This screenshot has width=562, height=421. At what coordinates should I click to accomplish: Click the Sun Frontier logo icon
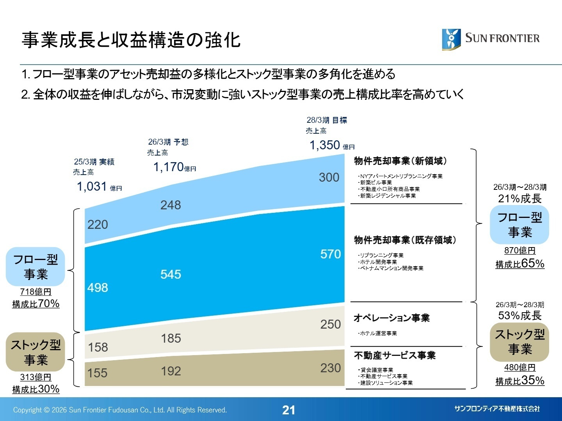coord(451,39)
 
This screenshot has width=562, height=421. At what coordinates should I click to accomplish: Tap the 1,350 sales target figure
coord(325,145)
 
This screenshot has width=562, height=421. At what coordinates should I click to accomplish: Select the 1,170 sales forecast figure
coord(169,167)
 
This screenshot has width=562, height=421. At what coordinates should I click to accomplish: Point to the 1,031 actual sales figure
coord(92,187)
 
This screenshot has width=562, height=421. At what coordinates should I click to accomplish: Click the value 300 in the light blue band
coord(329,177)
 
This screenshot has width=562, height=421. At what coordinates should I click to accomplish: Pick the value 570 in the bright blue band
coord(331,254)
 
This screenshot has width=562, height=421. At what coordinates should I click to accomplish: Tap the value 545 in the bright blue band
coord(171,274)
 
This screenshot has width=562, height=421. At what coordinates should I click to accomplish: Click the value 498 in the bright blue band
coord(98,288)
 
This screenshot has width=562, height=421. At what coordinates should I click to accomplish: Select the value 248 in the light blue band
coord(171,205)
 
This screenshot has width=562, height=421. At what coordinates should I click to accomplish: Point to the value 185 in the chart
coord(171,338)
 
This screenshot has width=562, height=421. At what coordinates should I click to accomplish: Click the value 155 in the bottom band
coord(97,373)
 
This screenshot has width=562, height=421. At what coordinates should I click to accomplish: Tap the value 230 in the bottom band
coord(331,368)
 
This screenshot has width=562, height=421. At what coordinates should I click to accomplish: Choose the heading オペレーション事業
coord(391,318)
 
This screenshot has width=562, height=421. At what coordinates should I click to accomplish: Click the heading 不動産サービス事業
coord(395,356)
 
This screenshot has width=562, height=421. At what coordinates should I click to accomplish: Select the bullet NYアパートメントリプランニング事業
coord(401,176)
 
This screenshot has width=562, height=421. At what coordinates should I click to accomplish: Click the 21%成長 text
coord(520,199)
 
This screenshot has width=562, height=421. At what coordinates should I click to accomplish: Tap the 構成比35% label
coord(520,381)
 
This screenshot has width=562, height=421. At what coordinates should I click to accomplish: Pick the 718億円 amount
coord(36,292)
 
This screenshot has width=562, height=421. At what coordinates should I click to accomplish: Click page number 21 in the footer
coord(288,410)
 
